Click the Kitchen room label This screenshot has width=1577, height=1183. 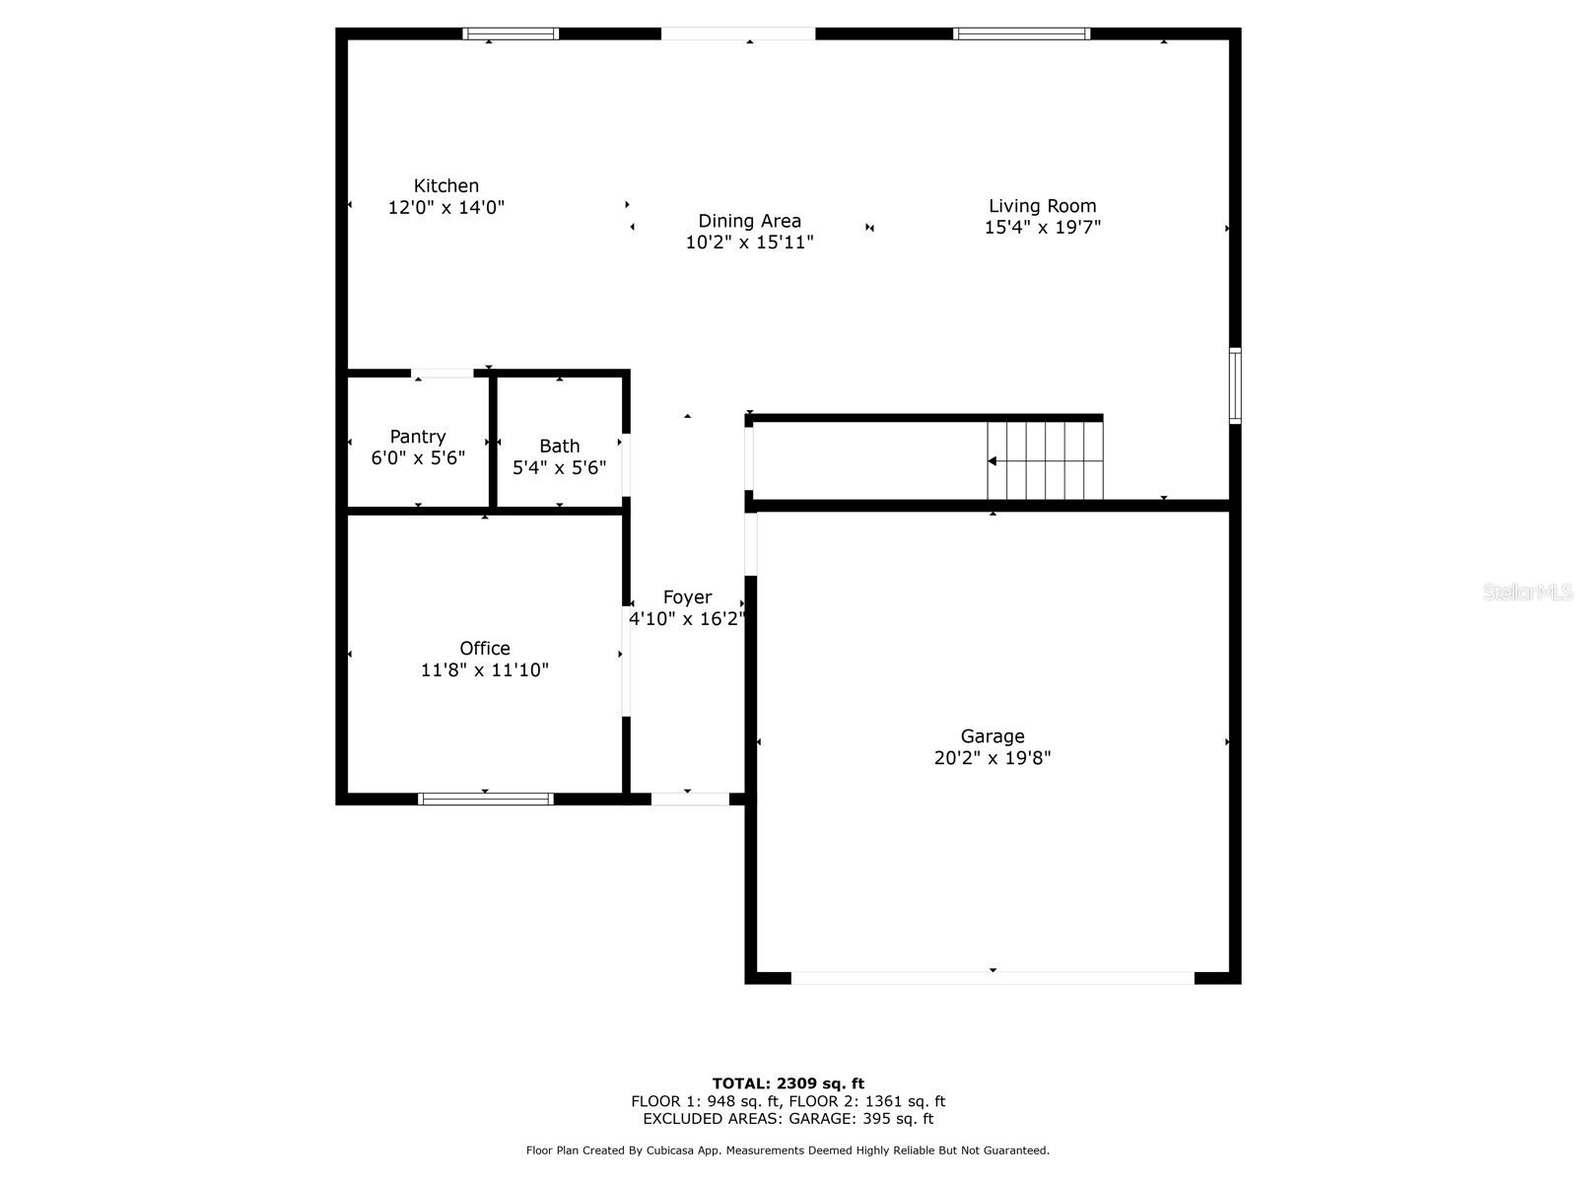[446, 185]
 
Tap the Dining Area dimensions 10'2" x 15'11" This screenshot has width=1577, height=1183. [749, 243]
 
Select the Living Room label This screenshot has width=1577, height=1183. [1042, 206]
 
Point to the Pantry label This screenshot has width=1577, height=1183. [418, 437]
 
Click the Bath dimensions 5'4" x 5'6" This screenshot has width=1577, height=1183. [559, 467]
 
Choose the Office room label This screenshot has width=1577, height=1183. [485, 649]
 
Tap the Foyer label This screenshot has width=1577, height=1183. [688, 597]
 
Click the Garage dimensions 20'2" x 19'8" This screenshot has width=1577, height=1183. [993, 758]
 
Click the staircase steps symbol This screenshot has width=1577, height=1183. [1045, 460]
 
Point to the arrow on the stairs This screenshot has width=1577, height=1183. [1046, 461]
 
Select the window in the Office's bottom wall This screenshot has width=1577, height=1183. [486, 799]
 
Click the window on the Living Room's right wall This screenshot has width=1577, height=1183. [1235, 385]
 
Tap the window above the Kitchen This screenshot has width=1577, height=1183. [511, 34]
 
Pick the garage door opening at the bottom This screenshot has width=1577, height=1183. [993, 978]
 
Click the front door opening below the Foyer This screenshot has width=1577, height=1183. [690, 799]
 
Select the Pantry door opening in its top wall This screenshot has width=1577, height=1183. [443, 374]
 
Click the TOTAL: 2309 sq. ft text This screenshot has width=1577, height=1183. [788, 1083]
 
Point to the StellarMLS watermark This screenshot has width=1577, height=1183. [1528, 591]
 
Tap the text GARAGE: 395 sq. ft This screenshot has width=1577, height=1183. [861, 1118]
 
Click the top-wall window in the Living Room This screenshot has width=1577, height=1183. [1022, 34]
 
